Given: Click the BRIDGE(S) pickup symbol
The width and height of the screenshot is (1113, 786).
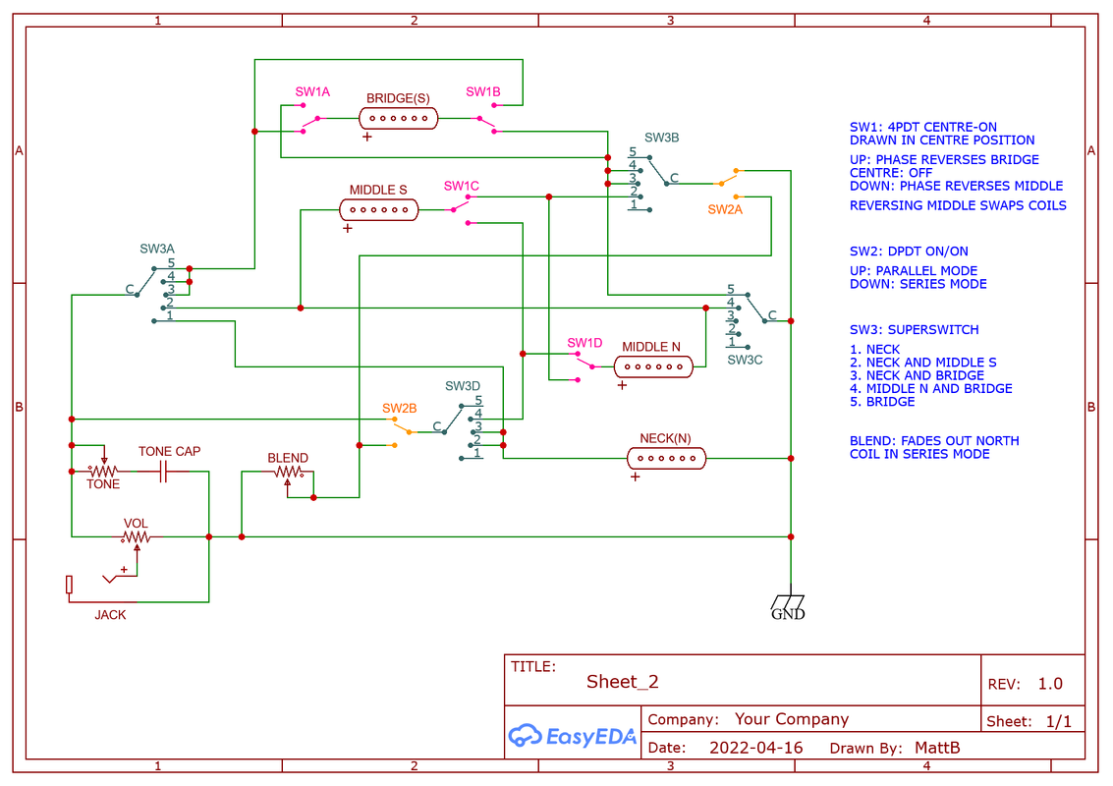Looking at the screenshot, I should tap(399, 119).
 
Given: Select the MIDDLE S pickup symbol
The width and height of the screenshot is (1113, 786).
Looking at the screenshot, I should tap(378, 209).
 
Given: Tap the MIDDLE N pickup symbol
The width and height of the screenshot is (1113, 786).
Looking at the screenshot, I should tap(652, 366).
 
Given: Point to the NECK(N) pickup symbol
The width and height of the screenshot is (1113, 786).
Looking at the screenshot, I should tap(666, 458).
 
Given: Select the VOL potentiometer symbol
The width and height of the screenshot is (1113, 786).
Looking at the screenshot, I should tap(137, 537).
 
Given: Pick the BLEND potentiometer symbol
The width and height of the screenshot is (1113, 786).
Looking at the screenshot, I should tap(288, 473).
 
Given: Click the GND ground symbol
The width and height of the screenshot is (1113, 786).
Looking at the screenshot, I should tap(789, 603).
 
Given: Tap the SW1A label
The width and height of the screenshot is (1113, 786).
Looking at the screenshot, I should tap(312, 91).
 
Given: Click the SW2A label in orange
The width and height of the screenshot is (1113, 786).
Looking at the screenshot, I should tap(726, 209).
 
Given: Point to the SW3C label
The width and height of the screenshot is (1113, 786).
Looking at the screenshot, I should tap(745, 360).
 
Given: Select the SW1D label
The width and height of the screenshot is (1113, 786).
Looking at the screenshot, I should tap(584, 343).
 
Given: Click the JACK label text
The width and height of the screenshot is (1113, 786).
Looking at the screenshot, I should tap(110, 615).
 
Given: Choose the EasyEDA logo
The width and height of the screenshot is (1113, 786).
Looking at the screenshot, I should tap(573, 736).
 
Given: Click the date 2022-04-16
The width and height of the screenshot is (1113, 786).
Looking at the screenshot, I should tap(755, 748).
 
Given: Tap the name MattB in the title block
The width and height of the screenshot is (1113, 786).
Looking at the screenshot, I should tap(936, 748).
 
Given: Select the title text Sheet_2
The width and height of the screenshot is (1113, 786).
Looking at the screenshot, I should tap(623, 682).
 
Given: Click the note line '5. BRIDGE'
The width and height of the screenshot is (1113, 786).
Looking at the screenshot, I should tap(882, 401).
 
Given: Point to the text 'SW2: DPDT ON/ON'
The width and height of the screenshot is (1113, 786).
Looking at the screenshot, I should tap(909, 252).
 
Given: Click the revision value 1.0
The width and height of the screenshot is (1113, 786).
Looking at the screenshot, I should tap(1050, 684).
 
